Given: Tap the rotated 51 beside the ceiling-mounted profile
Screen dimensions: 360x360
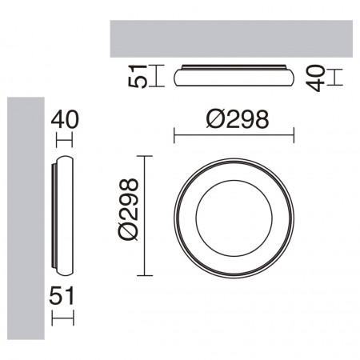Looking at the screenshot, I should pyautogui.click(x=144, y=77).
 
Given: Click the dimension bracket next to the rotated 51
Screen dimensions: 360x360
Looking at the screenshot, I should pyautogui.click(x=158, y=77).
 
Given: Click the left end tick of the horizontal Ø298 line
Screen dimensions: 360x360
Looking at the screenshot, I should pyautogui.click(x=174, y=137).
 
